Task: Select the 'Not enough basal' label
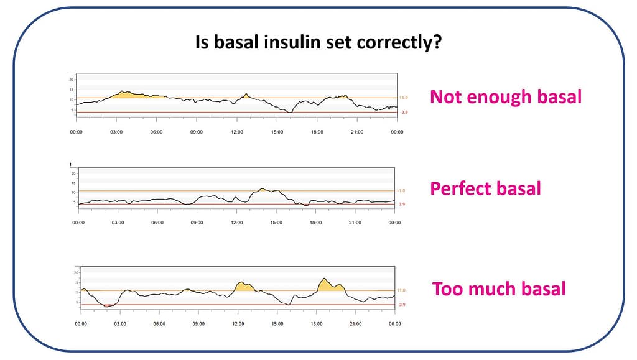tap(505, 97)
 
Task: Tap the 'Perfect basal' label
tap(485, 188)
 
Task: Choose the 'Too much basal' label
tap(499, 289)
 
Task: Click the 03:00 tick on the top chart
tap(116, 132)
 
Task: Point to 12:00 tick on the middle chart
tap(237, 223)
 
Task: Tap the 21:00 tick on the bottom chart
tap(356, 324)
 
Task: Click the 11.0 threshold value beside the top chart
tap(403, 98)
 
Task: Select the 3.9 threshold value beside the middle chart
tap(402, 204)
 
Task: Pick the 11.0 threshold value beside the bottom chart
tap(402, 290)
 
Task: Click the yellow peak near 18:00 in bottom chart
tap(326, 285)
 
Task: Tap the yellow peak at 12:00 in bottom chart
tap(244, 287)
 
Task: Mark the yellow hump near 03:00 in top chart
tap(124, 95)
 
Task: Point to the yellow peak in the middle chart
tap(264, 189)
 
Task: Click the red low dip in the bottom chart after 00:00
tap(108, 305)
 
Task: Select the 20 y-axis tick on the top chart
tap(72, 80)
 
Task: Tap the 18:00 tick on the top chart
tap(317, 132)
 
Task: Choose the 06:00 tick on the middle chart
tap(157, 223)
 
